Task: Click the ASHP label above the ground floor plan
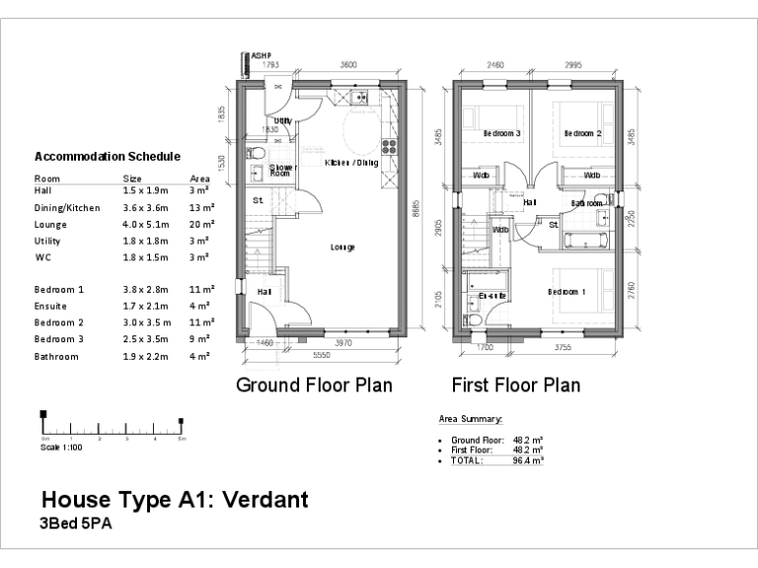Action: tap(262, 56)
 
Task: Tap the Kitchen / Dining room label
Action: tap(350, 162)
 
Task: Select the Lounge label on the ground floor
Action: tap(342, 247)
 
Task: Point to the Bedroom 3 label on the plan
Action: tap(501, 133)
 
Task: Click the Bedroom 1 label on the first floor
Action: tap(568, 292)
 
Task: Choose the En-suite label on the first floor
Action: tap(492, 295)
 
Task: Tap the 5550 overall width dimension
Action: tap(321, 354)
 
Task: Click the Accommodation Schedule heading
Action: tap(107, 156)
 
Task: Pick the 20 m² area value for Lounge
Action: tap(200, 224)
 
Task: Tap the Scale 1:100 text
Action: tap(60, 447)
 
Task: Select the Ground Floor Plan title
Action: tap(314, 385)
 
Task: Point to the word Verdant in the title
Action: tap(259, 500)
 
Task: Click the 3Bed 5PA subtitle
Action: tap(76, 525)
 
